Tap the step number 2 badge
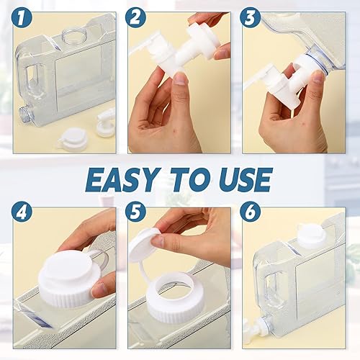(137, 18)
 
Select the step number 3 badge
(251, 18)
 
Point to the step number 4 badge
(22, 214)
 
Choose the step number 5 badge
(137, 214)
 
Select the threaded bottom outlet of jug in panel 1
(24, 113)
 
